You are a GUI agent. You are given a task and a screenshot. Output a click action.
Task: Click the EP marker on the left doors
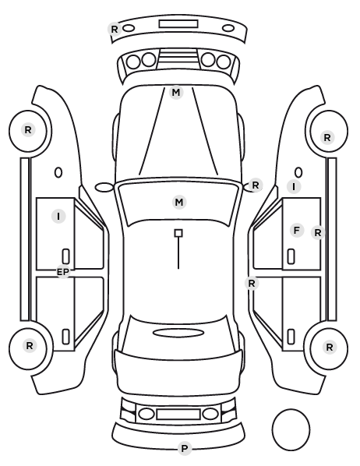click(62, 272)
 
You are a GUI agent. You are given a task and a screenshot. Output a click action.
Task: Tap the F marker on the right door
click(296, 231)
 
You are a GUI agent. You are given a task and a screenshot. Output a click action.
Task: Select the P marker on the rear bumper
click(185, 448)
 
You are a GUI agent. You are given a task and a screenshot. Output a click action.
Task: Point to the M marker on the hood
click(176, 93)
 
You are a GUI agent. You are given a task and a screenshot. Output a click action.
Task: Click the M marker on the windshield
click(179, 203)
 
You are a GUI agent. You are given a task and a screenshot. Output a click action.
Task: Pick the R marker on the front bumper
click(115, 29)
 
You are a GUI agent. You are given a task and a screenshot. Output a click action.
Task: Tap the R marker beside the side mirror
click(256, 185)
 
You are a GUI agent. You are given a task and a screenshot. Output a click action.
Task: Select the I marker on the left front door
click(58, 216)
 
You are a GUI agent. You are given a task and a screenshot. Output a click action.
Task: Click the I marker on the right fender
click(294, 187)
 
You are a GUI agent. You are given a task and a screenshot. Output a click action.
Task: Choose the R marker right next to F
click(318, 233)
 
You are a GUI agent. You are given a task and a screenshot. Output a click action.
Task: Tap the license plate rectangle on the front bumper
click(178, 24)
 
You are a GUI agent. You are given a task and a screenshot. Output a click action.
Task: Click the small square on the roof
click(178, 233)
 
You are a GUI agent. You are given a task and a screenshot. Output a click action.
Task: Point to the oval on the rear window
click(178, 333)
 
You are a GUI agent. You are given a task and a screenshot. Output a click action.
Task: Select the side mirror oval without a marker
click(104, 187)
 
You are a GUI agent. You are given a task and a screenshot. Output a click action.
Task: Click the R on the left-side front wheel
click(28, 130)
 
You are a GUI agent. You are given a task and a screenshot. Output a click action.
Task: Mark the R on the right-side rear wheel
click(330, 347)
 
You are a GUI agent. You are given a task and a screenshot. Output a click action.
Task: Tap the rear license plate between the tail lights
click(178, 414)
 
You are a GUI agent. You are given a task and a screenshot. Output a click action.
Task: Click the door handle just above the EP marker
click(65, 256)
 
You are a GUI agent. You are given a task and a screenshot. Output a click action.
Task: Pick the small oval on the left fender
click(58, 173)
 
